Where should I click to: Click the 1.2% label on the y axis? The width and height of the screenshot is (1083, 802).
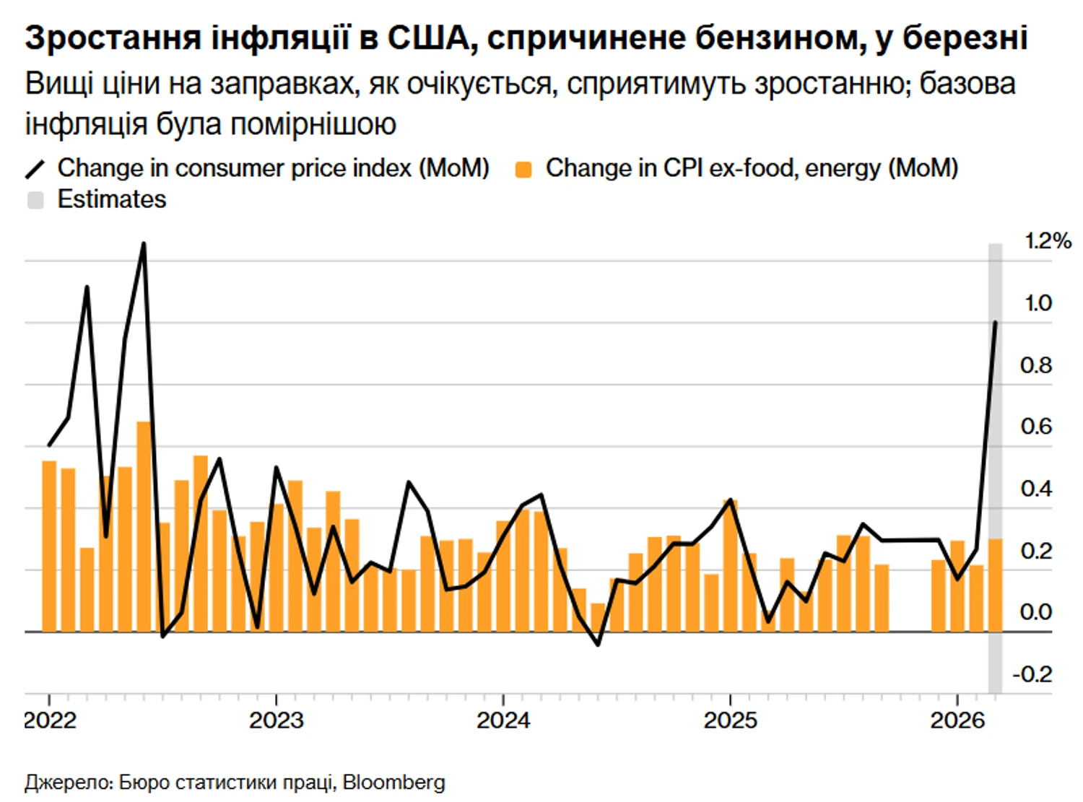[1048, 241]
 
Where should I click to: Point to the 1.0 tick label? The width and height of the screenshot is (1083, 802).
[1038, 303]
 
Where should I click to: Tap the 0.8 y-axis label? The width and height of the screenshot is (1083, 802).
[1036, 365]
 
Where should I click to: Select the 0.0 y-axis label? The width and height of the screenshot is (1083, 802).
[1036, 612]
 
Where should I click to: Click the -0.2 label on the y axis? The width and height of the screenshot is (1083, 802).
[1032, 674]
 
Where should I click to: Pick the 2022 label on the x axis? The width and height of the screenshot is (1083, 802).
[50, 720]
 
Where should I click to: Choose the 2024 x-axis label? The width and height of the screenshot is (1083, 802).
[503, 720]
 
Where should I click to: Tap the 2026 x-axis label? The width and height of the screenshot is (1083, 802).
[957, 720]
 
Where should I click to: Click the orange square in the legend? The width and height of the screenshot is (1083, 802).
[523, 170]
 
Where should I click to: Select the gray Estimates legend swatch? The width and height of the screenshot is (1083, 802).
[35, 200]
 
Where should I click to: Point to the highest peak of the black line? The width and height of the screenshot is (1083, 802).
[144, 244]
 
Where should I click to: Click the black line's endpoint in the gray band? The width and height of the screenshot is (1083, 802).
[996, 322]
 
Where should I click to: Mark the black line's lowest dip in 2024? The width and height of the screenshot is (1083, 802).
[598, 644]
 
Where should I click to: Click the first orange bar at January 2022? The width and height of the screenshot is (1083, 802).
[49, 546]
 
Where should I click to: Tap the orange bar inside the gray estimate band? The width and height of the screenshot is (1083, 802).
[995, 585]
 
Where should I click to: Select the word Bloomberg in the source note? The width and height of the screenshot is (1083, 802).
[393, 782]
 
